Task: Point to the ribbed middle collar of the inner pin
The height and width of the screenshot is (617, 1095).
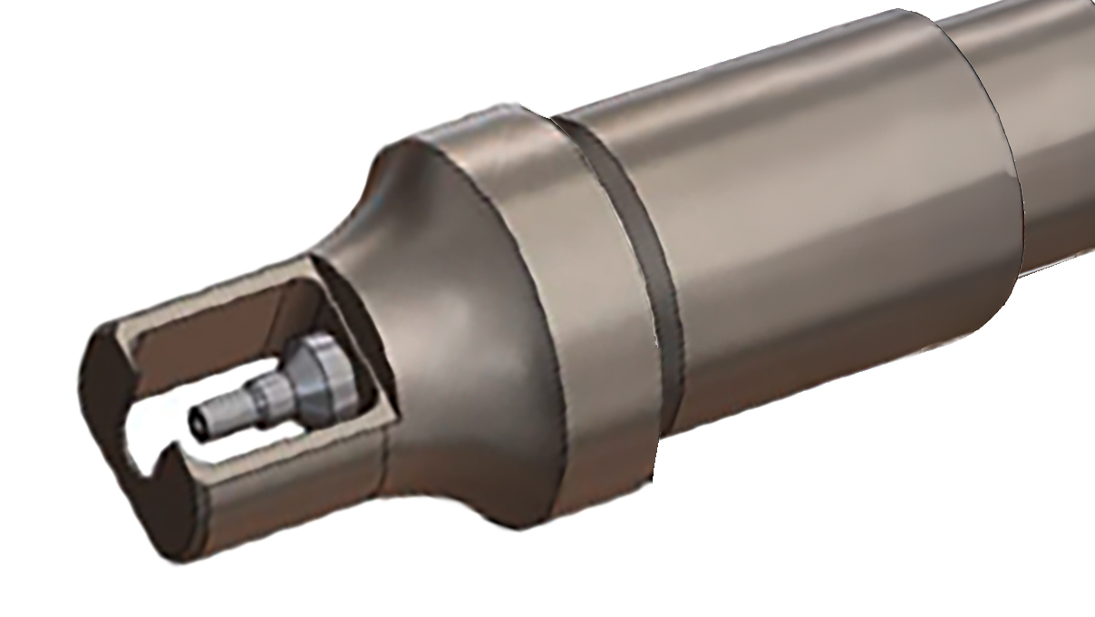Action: point(269,396)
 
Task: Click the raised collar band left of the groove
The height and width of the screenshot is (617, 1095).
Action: point(580,299)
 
